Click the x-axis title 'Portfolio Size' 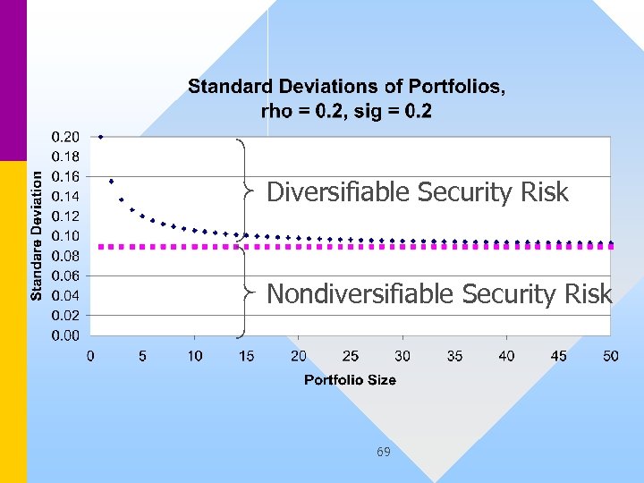point(350,379)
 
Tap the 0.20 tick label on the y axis point(64,137)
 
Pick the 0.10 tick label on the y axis point(64,236)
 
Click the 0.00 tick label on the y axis point(64,335)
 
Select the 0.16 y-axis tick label point(64,176)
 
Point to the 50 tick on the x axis point(610,356)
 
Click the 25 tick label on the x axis point(351,356)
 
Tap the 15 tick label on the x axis point(246,356)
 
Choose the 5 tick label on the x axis point(142,356)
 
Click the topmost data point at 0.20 point(101,137)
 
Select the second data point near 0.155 point(111,182)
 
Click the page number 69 point(383,452)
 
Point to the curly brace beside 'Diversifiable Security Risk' point(242,189)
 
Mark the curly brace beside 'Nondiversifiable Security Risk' point(242,291)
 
